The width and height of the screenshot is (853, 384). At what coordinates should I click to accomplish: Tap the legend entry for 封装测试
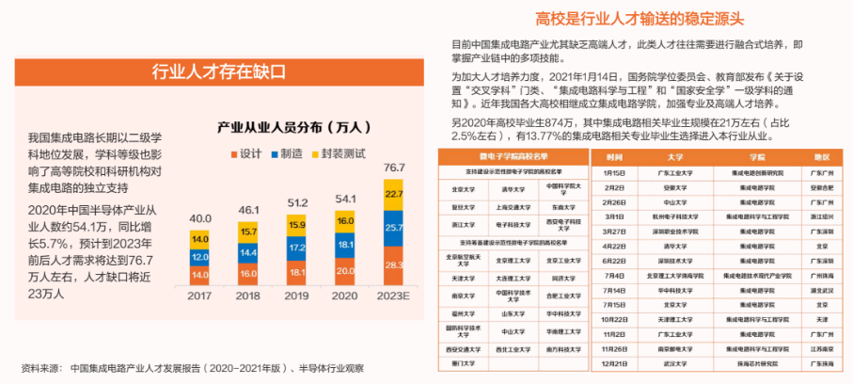[345, 152]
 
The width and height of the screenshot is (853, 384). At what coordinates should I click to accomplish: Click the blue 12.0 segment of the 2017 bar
[200, 257]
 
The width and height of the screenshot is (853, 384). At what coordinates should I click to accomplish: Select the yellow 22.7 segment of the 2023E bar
[394, 194]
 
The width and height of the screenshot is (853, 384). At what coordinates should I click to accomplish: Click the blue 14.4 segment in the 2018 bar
[248, 253]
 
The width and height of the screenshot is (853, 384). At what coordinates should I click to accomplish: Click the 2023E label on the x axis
[394, 296]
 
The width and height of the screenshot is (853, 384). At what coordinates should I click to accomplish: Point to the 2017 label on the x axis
[200, 296]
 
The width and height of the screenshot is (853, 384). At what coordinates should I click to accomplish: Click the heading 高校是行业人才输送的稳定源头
[640, 18]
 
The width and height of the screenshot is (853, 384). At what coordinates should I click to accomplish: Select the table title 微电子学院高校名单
[513, 153]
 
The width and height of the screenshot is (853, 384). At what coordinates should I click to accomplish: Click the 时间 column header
[614, 157]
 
